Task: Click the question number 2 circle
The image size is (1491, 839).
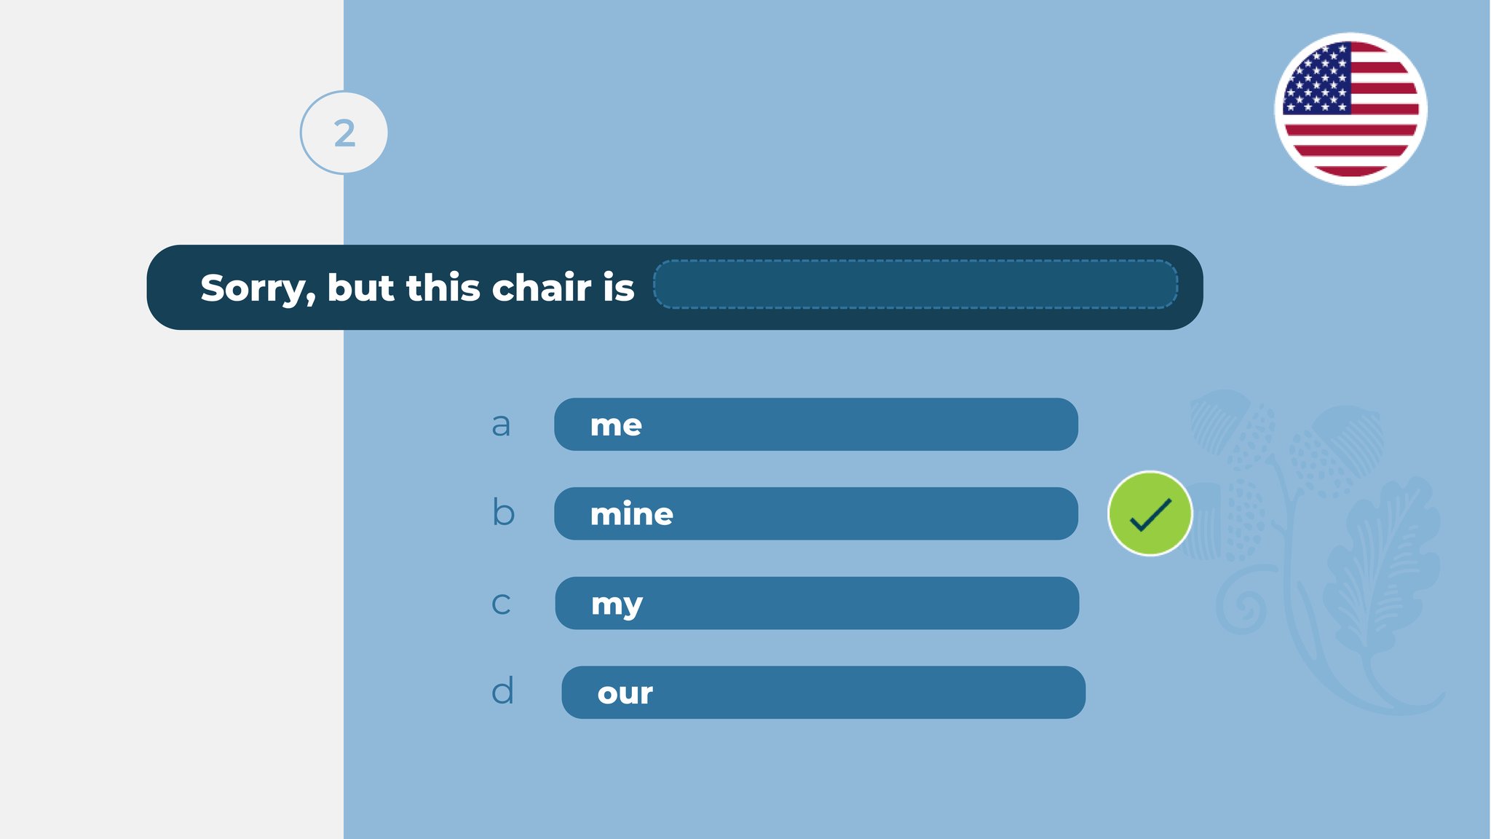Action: (x=344, y=133)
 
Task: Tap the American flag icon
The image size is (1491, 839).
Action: (x=1350, y=109)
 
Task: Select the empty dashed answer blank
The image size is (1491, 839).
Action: (x=915, y=284)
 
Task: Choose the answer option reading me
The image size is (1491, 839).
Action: (x=816, y=425)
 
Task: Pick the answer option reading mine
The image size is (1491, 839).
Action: (x=816, y=513)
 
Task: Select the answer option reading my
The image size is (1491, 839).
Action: (x=817, y=603)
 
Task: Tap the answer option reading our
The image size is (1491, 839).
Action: (x=823, y=693)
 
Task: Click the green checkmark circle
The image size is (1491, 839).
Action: (x=1150, y=513)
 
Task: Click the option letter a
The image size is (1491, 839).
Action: (x=501, y=425)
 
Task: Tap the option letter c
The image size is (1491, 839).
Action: (x=501, y=604)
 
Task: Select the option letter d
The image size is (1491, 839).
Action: (x=502, y=690)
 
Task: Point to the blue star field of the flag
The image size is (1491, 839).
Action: (x=1317, y=78)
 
